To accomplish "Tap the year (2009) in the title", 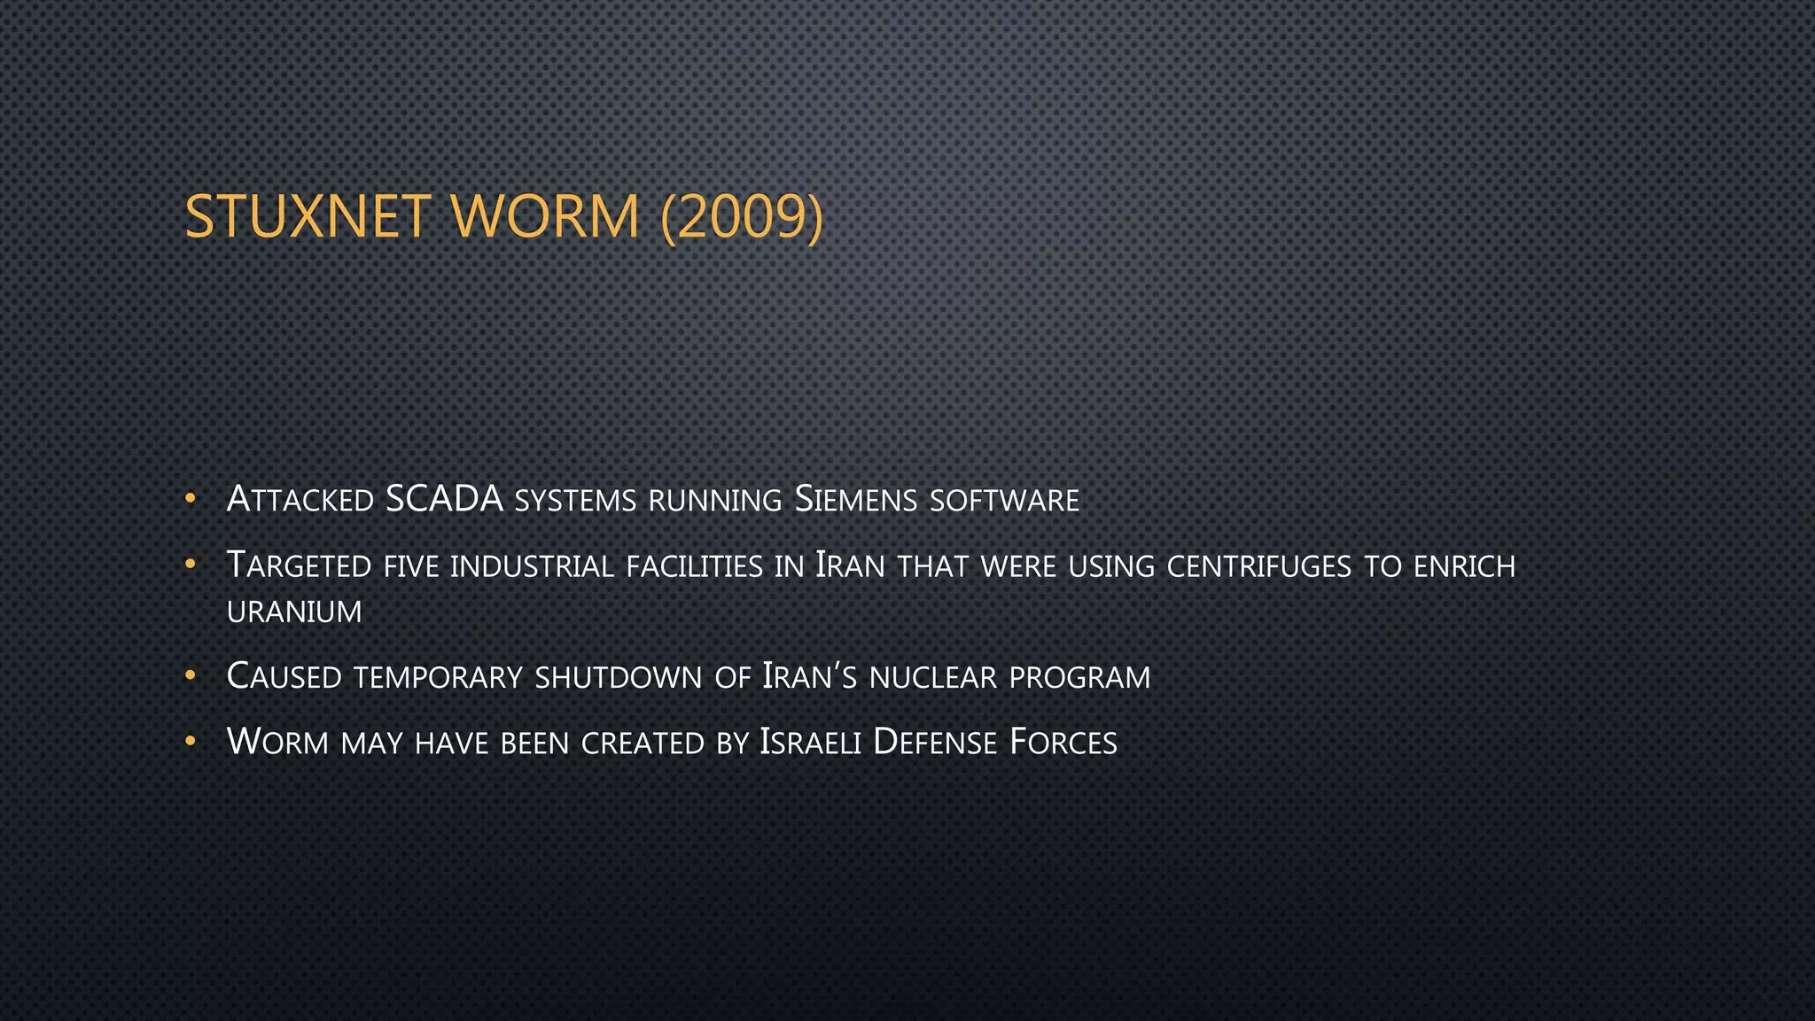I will coord(742,217).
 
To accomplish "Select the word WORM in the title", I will coord(545,217).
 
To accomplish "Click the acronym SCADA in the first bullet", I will coord(444,499).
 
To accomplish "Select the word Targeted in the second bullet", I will coord(299,565).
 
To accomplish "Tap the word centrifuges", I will coord(1258,566).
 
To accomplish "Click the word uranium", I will coord(294,612).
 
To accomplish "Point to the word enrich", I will coord(1464,566).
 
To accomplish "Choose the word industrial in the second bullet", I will coord(532,566).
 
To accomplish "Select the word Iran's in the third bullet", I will coord(809,677).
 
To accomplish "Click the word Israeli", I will coord(810,743).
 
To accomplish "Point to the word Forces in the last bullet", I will coord(1063,743).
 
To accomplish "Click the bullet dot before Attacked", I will coord(190,499).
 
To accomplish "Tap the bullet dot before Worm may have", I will coord(190,741).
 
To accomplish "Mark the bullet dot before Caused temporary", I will coord(190,676).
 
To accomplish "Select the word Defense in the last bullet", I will coord(935,743).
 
